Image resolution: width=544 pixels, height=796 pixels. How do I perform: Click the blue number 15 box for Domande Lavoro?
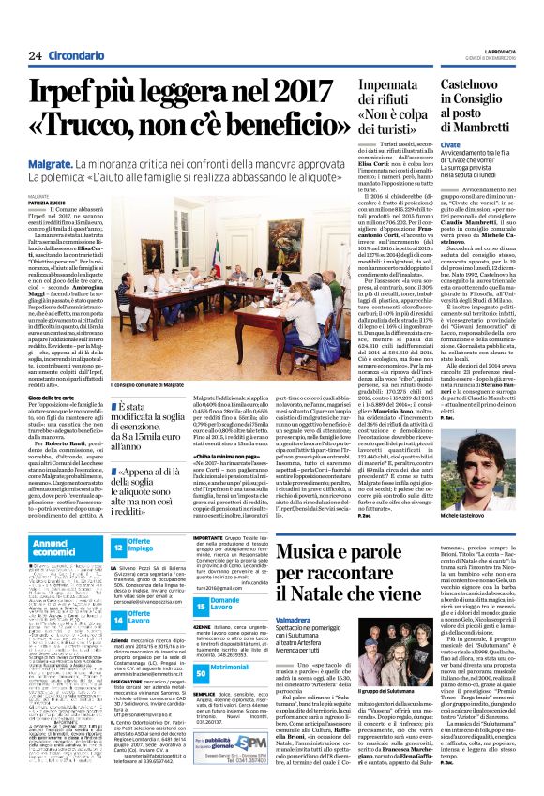pyautogui.click(x=201, y=626)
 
